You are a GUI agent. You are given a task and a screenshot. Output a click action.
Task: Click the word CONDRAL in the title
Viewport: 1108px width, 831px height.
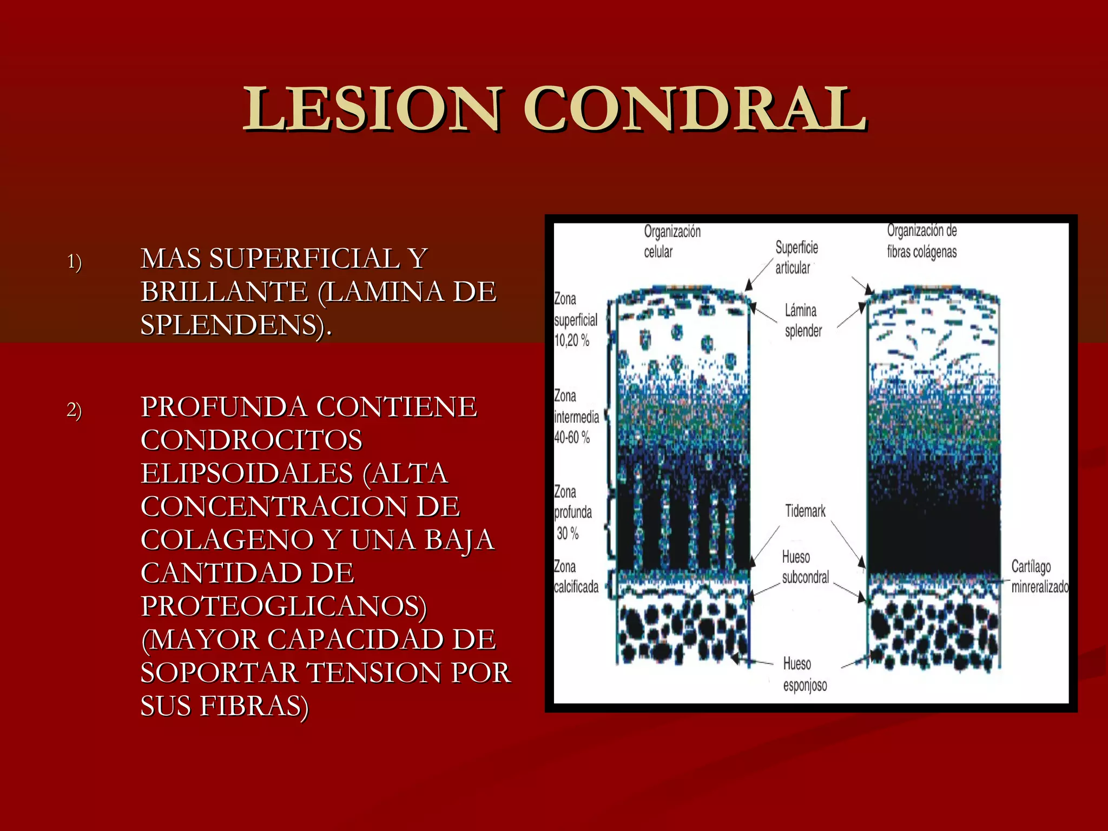[x=695, y=109]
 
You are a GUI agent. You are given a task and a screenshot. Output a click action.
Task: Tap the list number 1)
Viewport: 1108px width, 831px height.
[x=75, y=262]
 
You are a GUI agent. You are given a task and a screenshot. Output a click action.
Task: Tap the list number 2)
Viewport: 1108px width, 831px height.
[x=75, y=410]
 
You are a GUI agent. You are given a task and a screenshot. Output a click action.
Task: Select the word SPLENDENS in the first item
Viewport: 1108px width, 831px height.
[x=233, y=325]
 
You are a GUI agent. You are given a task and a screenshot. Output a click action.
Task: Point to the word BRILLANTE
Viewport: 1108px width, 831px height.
[x=224, y=292]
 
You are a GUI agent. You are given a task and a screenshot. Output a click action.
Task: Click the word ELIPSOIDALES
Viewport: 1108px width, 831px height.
[x=247, y=473]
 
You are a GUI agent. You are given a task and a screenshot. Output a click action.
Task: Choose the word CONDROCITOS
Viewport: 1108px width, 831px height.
[x=251, y=440]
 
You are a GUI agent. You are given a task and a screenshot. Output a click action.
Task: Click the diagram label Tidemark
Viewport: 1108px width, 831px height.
[x=805, y=511]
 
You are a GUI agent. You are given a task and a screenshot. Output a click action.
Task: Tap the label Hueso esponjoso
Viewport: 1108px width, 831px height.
[x=804, y=675]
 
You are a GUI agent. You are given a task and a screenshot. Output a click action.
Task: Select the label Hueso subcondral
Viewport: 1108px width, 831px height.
[x=804, y=567]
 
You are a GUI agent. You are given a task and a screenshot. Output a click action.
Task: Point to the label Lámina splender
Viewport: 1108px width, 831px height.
[x=803, y=320]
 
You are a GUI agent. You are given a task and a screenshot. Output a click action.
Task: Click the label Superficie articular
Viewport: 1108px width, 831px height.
[x=796, y=258]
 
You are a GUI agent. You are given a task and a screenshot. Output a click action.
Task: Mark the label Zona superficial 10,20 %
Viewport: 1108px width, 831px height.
[x=575, y=320]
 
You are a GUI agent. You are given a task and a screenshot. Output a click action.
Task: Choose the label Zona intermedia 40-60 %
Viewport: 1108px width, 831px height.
[x=576, y=417]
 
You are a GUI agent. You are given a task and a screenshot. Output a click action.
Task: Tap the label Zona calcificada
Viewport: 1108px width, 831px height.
[x=576, y=577]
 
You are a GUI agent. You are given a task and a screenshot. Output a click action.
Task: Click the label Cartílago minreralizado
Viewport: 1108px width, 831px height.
[x=1039, y=577]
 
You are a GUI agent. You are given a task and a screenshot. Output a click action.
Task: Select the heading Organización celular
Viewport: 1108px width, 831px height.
[x=671, y=241]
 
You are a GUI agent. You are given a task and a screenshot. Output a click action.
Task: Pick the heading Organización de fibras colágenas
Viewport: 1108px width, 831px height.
[x=921, y=241]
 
